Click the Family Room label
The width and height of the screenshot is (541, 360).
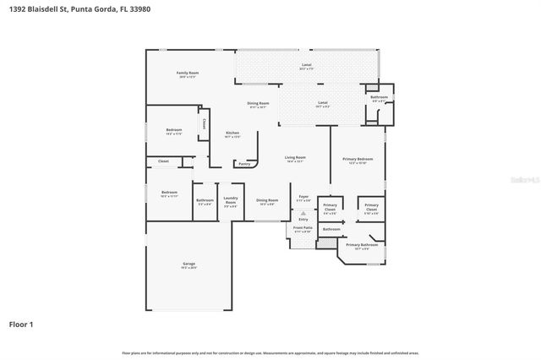tap(188, 74)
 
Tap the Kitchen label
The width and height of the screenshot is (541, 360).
tap(232, 134)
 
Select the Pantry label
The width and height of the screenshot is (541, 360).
tap(244, 164)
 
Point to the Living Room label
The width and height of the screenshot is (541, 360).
tap(295, 158)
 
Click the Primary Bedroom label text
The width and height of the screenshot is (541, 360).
tap(358, 159)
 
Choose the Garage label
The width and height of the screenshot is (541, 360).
tap(189, 265)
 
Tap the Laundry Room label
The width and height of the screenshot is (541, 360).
tap(231, 199)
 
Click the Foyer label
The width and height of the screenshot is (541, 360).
tap(303, 197)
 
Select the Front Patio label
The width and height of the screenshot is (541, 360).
tap(303, 228)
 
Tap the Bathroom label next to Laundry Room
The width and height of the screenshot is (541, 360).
tap(205, 200)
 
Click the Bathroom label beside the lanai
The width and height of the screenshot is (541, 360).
tap(379, 97)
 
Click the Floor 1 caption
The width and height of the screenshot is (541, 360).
tap(20, 324)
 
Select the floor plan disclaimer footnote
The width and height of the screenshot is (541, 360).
tap(270, 352)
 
